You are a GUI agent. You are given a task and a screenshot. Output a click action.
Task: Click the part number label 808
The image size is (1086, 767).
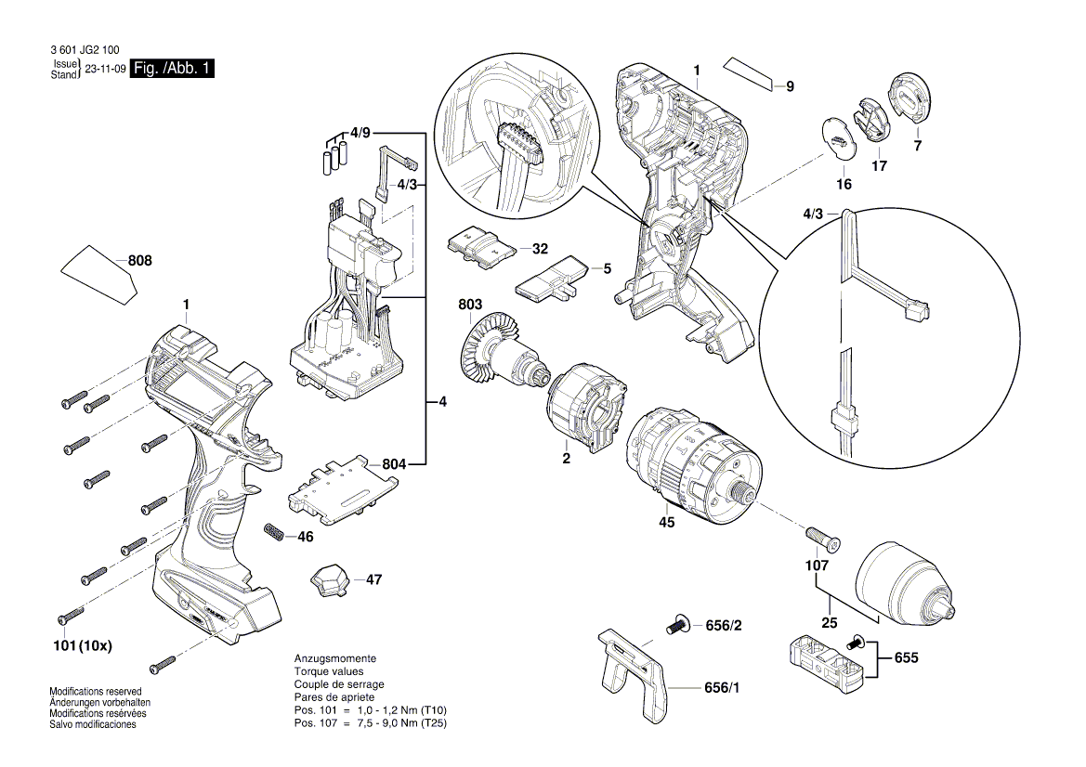[x=139, y=262]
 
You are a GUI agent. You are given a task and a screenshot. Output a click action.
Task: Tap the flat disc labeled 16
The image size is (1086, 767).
[x=839, y=138]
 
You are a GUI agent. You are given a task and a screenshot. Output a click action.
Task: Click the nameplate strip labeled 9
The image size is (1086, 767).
[x=750, y=73]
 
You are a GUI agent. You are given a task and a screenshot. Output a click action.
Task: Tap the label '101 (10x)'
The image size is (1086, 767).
[x=81, y=645]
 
